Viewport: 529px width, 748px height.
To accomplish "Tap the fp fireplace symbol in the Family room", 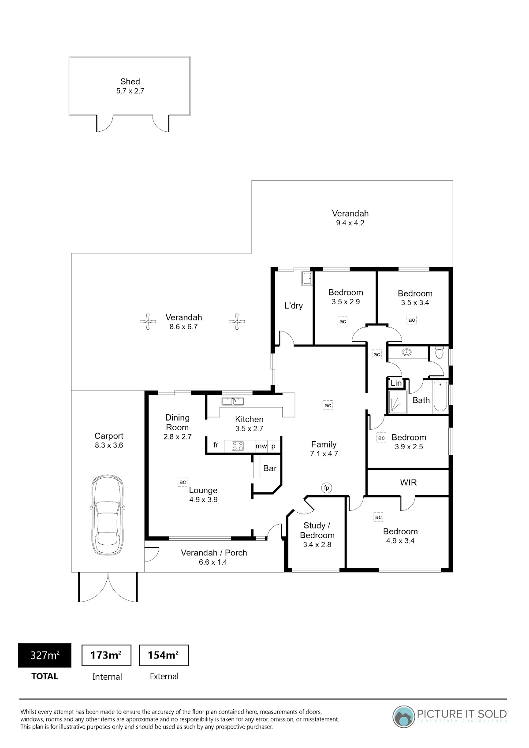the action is pyautogui.click(x=327, y=488).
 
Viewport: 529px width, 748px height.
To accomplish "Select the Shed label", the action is pyautogui.click(x=130, y=82).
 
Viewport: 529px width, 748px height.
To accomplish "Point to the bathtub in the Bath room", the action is pyautogui.click(x=440, y=397).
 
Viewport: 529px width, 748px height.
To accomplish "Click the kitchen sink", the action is pyautogui.click(x=233, y=401).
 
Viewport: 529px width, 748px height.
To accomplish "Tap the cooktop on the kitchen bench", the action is pyautogui.click(x=238, y=446).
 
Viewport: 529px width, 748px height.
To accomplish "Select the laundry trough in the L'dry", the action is pyautogui.click(x=307, y=279).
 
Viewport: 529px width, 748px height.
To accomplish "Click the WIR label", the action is pyautogui.click(x=408, y=483).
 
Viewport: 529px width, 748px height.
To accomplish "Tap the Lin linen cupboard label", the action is pyautogui.click(x=396, y=383).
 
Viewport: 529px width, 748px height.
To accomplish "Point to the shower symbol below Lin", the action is pyautogui.click(x=398, y=402).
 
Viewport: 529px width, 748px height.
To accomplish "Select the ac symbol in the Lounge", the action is pyautogui.click(x=183, y=482).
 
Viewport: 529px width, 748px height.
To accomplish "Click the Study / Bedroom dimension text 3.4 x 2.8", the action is pyautogui.click(x=317, y=545).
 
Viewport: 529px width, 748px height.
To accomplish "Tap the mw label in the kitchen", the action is pyautogui.click(x=261, y=446).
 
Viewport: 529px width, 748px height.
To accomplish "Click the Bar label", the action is pyautogui.click(x=270, y=468).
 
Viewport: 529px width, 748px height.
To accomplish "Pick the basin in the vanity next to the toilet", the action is pyautogui.click(x=406, y=352).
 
